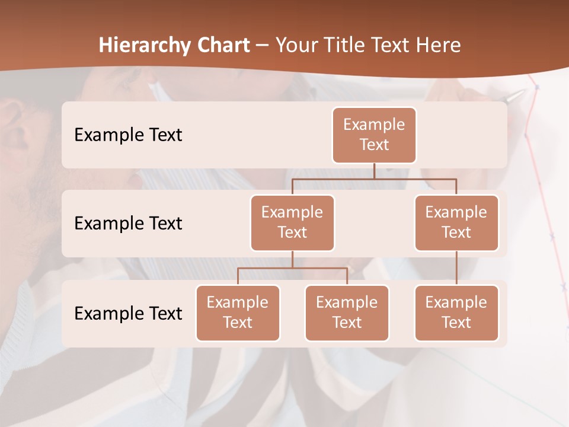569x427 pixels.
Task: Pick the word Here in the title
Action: [437, 46]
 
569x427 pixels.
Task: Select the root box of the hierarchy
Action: [374, 135]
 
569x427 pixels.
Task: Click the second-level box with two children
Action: [292, 222]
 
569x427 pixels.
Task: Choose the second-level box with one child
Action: [456, 222]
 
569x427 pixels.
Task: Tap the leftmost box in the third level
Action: [238, 313]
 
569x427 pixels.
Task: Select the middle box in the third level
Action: [347, 313]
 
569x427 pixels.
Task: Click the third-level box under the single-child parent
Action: [456, 313]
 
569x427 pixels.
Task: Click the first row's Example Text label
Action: [128, 135]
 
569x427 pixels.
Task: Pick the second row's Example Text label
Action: [128, 224]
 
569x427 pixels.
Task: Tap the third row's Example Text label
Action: [128, 314]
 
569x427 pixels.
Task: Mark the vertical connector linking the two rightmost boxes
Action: [456, 268]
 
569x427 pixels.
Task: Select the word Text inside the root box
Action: [374, 145]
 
